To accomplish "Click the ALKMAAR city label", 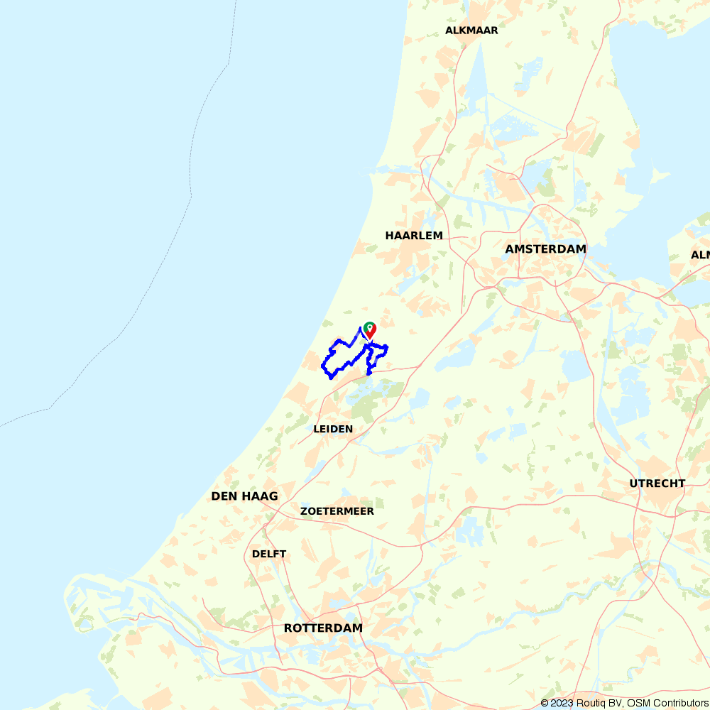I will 471,31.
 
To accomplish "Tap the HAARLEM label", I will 414,235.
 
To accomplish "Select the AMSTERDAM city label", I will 545,249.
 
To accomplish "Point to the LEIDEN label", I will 333,429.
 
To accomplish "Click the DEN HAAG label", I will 244,496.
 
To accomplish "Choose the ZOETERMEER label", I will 337,511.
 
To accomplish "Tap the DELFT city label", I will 269,554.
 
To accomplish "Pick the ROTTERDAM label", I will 323,628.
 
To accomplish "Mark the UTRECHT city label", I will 657,484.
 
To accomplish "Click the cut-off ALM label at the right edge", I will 701,255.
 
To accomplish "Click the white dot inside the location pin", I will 369,327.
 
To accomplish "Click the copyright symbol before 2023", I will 545,703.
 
